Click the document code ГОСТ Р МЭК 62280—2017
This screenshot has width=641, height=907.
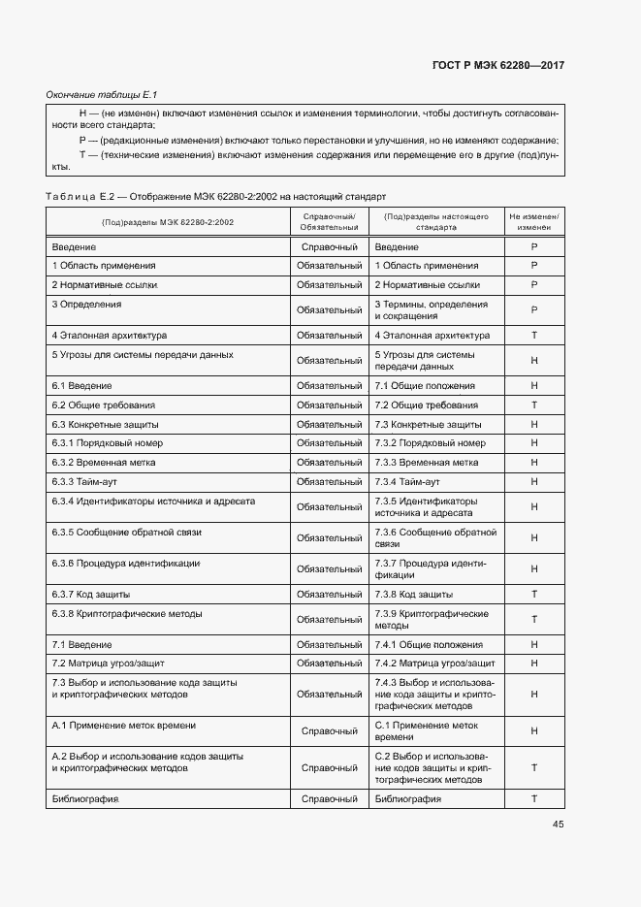click(x=498, y=65)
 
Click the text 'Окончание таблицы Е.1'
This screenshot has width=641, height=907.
click(x=102, y=94)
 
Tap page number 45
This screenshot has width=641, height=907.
click(x=558, y=825)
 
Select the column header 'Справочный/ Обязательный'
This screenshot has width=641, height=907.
click(x=330, y=221)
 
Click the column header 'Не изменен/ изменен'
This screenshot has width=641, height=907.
click(x=533, y=221)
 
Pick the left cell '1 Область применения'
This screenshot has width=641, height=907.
click(x=104, y=265)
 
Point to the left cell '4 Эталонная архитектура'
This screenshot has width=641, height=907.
click(x=110, y=335)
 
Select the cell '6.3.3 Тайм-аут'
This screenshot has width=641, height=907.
click(x=84, y=481)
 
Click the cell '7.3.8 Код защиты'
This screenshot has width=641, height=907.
click(x=413, y=594)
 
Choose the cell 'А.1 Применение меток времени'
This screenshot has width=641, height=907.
click(x=123, y=725)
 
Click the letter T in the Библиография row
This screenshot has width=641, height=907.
click(x=533, y=798)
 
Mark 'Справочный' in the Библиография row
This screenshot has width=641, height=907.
click(x=330, y=798)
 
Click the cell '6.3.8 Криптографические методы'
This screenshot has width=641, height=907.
click(x=127, y=613)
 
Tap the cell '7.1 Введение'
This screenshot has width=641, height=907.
click(x=81, y=644)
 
